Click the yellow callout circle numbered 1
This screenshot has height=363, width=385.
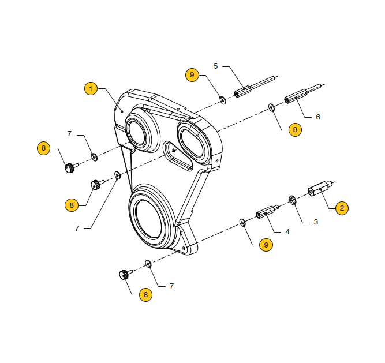[90, 89]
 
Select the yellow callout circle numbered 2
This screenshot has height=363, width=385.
[341, 208]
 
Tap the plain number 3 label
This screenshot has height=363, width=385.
[316, 222]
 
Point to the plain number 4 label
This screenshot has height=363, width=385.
[287, 231]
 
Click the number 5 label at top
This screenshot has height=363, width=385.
[216, 66]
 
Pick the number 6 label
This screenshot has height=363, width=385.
[317, 117]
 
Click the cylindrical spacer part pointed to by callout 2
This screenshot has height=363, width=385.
[319, 189]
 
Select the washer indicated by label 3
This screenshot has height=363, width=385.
[292, 200]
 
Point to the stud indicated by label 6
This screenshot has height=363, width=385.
[301, 94]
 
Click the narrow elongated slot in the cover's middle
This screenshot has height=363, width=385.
[179, 158]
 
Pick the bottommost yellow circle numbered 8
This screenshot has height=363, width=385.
[145, 294]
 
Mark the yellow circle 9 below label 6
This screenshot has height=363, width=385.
[294, 130]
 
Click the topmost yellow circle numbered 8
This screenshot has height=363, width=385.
[44, 148]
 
